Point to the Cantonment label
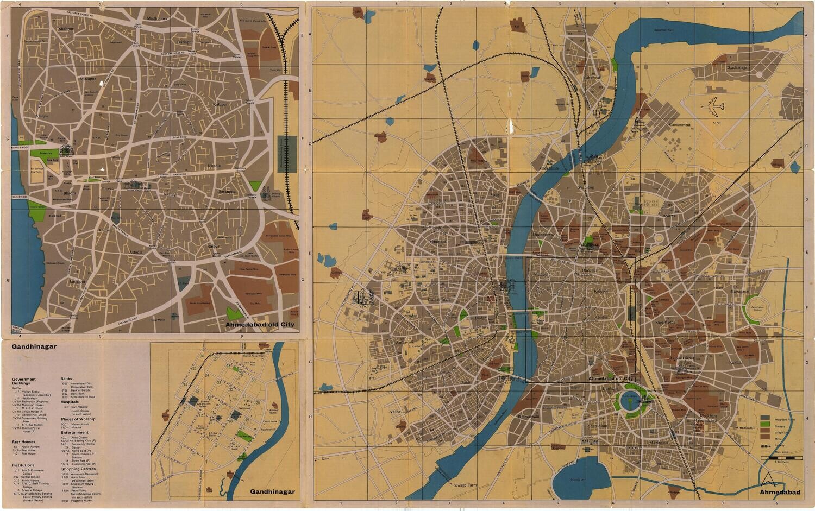[x=680, y=125]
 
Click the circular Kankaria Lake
[x=630, y=401]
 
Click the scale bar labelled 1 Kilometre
[x=782, y=459]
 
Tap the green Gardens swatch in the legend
[x=765, y=424]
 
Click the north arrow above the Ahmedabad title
[x=769, y=479]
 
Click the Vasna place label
[x=396, y=412]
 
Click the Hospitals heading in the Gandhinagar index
[x=70, y=402]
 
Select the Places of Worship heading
[x=78, y=419]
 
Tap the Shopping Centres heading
[x=78, y=469]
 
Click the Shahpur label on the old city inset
[x=66, y=28]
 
